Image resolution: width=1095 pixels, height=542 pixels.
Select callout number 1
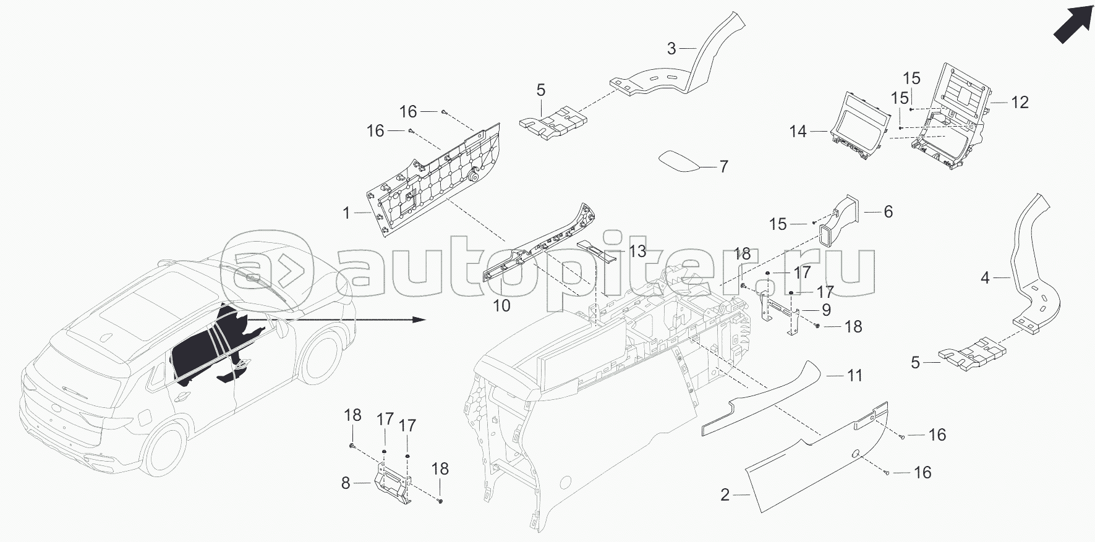coord(347,214)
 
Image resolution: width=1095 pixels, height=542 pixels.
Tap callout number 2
coord(725,495)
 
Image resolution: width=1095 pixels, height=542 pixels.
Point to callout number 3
coord(672,48)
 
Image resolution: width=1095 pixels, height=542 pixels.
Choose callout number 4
coord(985,278)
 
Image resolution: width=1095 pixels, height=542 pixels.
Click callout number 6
coord(888,212)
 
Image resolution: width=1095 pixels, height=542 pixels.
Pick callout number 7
coord(723,167)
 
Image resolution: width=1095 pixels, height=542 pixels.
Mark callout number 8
coord(346,483)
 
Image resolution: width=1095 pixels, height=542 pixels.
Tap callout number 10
coord(501,305)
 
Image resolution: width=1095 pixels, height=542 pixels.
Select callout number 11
coord(854,375)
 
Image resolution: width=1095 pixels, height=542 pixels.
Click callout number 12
coord(1019,102)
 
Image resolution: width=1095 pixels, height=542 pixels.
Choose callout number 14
coord(798,132)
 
